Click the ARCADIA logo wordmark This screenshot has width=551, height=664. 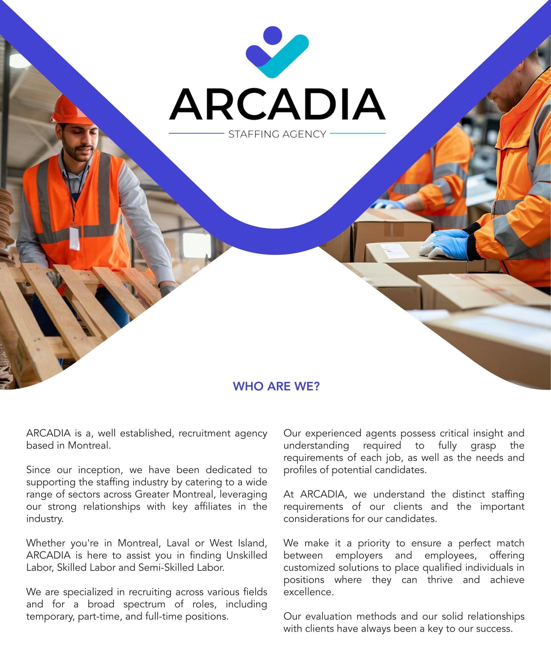point(277,104)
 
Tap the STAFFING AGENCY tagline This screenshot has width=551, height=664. point(277,134)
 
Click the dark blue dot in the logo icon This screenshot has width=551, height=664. point(272,35)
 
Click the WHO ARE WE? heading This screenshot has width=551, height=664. point(276,386)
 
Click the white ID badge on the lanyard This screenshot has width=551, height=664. point(74,238)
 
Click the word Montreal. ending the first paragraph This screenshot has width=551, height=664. point(89,445)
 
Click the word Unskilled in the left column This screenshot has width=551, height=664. point(247,555)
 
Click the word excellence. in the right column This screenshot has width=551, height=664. point(309,592)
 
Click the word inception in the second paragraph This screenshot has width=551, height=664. point(100,470)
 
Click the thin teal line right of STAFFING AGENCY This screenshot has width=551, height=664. point(357,133)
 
